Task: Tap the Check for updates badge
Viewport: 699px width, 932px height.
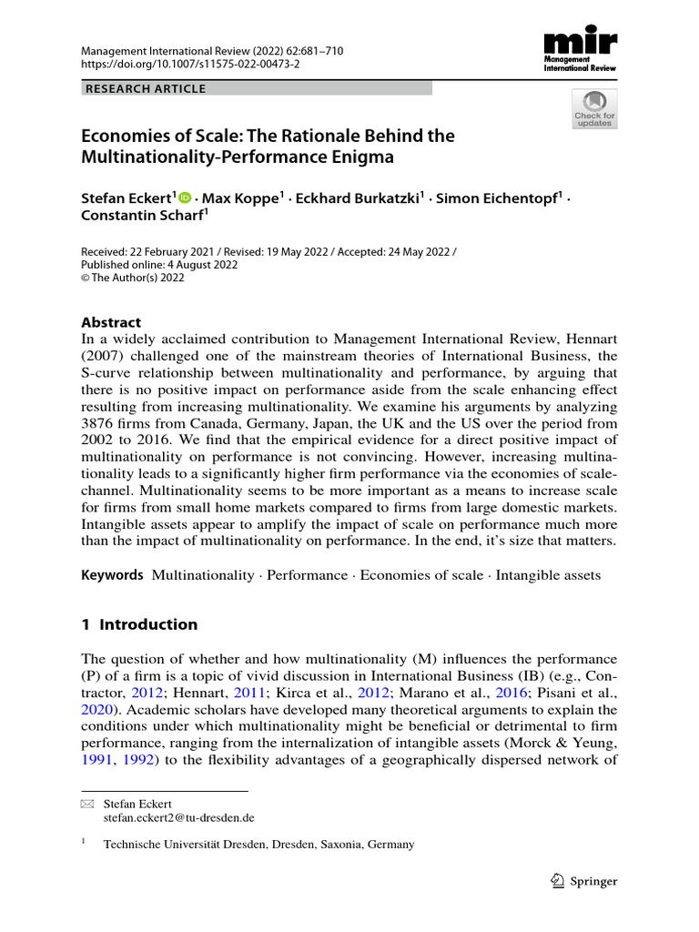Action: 593,109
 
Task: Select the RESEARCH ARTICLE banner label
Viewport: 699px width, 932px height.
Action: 147,88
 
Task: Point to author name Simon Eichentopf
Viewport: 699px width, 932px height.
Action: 492,199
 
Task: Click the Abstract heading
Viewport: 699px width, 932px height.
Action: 113,321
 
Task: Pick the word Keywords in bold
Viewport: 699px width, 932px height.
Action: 113,575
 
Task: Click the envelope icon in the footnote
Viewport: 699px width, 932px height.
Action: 87,805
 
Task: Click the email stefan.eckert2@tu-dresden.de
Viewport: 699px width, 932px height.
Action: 179,818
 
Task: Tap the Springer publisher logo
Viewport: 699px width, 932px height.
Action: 585,881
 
